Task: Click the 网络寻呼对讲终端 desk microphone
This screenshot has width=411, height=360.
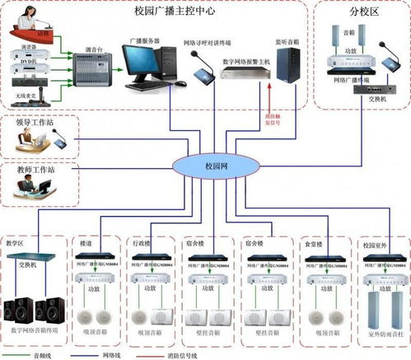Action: tap(202, 72)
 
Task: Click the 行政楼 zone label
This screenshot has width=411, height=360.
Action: tap(142, 245)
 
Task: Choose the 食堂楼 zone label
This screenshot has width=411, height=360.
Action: tap(315, 245)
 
